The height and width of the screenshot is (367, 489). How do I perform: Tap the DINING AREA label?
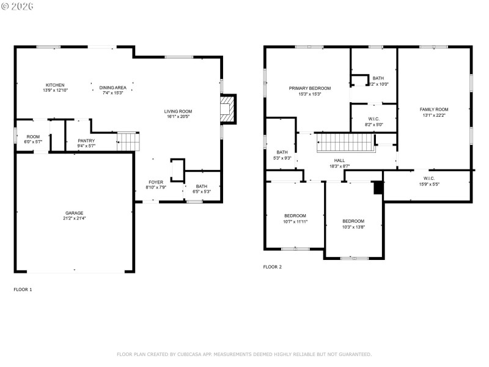[x=112, y=87]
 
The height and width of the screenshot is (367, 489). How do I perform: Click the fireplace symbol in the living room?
[x=227, y=109]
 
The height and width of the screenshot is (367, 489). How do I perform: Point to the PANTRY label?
[x=86, y=141]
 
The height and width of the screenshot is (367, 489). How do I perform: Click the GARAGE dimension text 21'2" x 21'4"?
[x=75, y=218]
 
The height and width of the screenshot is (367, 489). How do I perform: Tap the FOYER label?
[x=156, y=182]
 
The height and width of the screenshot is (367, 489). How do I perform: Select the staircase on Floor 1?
[x=128, y=141]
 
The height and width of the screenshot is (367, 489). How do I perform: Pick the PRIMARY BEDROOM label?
[x=310, y=88]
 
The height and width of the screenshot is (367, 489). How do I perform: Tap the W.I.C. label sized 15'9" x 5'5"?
[x=428, y=179]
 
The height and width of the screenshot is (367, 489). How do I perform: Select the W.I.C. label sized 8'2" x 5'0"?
[x=374, y=119]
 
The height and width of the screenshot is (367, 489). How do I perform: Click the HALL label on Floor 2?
[x=339, y=160]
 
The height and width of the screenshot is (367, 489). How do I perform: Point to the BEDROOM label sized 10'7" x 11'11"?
[x=295, y=216]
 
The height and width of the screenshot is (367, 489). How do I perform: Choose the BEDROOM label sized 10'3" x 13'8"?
[x=353, y=221]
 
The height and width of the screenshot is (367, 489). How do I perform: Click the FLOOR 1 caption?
[x=23, y=289]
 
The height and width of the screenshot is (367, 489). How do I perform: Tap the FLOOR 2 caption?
[x=273, y=267]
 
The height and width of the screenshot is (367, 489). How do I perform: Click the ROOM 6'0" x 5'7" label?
[x=32, y=137]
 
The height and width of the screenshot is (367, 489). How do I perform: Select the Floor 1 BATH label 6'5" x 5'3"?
[x=201, y=187]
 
